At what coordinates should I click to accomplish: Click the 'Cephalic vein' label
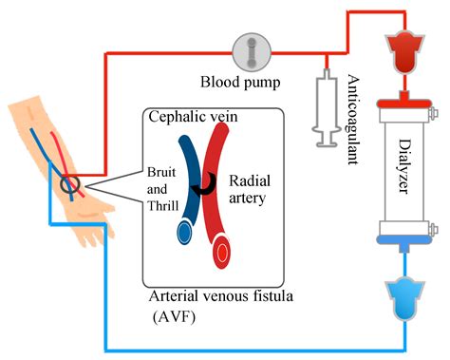(x=194, y=118)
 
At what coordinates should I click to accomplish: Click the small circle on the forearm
(x=69, y=183)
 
